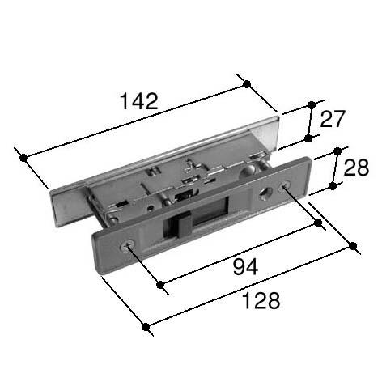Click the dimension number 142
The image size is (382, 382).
138,101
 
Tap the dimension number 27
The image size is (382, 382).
333,119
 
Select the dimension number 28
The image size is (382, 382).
356,168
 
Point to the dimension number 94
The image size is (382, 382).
245,266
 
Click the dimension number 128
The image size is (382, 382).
261,300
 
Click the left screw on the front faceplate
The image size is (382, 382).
128,245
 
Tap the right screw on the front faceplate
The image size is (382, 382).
284,187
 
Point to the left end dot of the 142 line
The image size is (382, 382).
23,158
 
